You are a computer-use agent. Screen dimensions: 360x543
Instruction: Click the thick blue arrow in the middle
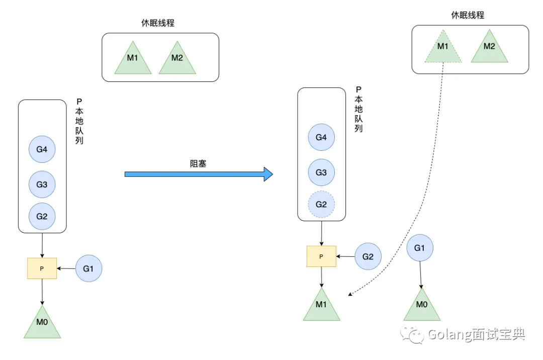[199, 174]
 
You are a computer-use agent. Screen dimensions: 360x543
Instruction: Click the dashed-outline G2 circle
[321, 205]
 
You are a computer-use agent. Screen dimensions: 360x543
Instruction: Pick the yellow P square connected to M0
[42, 268]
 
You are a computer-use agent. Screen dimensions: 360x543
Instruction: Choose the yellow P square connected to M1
[321, 256]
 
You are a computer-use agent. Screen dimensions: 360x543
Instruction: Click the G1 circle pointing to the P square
[88, 268]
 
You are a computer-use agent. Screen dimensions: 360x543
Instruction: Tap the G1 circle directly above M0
[419, 248]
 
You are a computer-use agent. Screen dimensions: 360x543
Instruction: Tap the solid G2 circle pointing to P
[368, 256]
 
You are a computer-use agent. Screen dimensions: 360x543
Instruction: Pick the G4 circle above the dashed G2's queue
[321, 137]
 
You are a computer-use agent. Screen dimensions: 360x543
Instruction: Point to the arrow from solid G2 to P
[346, 256]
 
